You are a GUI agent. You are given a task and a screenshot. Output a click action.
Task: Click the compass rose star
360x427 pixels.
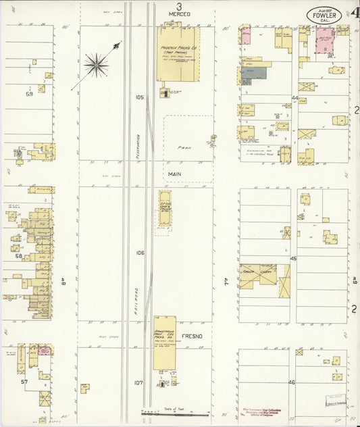click(x=96, y=65)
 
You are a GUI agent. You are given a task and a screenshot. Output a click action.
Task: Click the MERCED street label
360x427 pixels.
click(x=180, y=14)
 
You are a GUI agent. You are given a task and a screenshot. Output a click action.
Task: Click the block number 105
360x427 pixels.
click(x=140, y=97)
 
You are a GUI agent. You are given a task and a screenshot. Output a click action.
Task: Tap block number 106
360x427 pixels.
click(x=140, y=253)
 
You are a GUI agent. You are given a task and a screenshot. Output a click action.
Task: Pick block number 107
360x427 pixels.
click(x=138, y=382)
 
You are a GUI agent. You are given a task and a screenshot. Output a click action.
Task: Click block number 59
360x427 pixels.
click(x=29, y=94)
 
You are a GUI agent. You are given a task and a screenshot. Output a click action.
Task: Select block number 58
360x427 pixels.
click(x=19, y=256)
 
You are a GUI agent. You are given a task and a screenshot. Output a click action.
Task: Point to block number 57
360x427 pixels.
click(x=24, y=382)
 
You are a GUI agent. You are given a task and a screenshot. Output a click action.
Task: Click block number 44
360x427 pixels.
click(x=294, y=98)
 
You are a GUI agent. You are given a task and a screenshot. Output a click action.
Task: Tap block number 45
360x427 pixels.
click(x=293, y=259)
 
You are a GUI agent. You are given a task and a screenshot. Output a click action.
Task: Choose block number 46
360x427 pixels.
click(x=292, y=382)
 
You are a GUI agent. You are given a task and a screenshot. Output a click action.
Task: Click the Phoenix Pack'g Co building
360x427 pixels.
click(x=178, y=54)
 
